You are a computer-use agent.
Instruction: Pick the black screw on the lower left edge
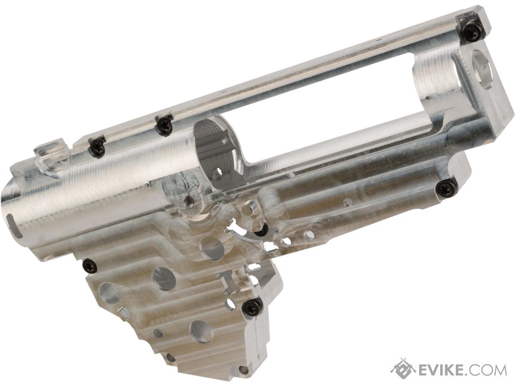[x=88, y=265]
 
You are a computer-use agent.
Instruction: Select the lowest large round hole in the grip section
[x=200, y=330]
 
